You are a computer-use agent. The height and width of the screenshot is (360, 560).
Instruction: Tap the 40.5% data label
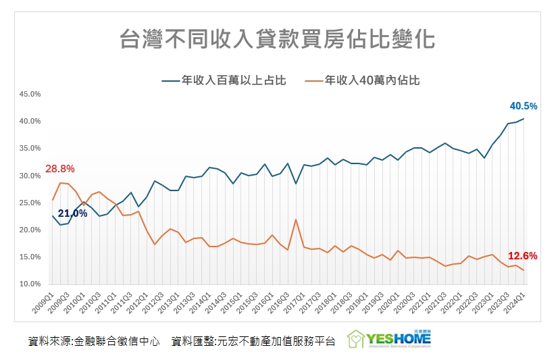click(x=523, y=106)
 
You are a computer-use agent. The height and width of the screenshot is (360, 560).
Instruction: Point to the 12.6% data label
click(x=522, y=256)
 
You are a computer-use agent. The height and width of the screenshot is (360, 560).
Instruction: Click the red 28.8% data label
click(x=59, y=169)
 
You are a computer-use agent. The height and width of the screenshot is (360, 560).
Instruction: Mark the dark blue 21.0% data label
click(x=72, y=213)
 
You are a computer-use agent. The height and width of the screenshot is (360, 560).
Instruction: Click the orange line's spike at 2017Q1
click(x=295, y=220)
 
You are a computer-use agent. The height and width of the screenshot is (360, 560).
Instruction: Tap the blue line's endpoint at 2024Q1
click(x=523, y=119)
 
